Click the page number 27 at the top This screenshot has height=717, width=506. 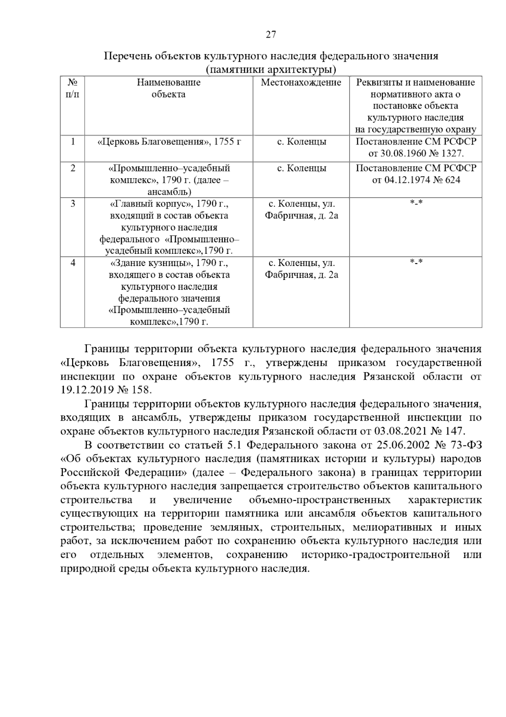pos(271,35)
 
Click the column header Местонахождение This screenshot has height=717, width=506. pos(301,82)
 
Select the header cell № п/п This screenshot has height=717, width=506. pos(73,88)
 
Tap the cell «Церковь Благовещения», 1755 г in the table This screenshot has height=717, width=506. pos(169,142)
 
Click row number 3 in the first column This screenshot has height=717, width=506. pos(73,204)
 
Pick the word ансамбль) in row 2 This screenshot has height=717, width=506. pos(169,192)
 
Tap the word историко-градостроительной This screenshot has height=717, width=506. pos(376,555)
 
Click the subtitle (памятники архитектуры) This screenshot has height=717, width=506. pos(271,69)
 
